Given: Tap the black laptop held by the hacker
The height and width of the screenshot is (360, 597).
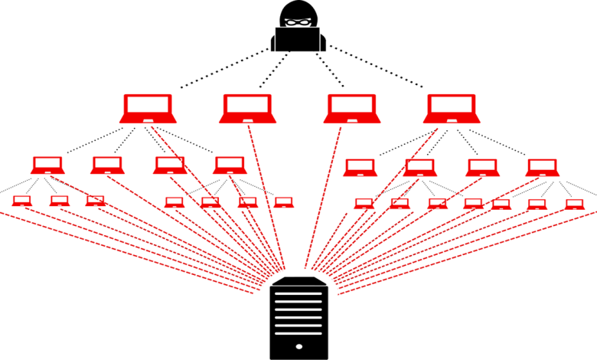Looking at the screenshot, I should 299,39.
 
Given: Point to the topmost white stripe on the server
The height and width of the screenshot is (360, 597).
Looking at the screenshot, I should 299,293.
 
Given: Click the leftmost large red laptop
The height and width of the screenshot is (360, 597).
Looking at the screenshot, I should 148,108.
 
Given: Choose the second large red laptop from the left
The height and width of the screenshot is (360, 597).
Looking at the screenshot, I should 246,108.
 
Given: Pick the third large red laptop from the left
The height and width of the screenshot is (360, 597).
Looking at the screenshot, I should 351,108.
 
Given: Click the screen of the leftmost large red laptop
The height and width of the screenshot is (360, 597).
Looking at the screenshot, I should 148,104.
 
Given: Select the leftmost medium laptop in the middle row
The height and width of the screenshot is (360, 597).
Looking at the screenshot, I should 47,165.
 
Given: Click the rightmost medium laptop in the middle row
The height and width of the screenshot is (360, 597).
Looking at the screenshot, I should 542,167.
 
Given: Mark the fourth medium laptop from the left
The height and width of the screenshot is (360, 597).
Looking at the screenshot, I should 230,165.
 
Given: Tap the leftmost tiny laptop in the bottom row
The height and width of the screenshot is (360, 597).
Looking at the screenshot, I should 22,201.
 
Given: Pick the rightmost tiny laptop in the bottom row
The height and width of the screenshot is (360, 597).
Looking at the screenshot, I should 574,204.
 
